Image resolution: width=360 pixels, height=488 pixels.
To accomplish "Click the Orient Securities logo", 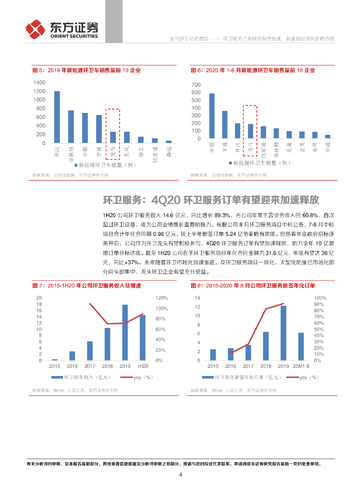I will tap(62, 29).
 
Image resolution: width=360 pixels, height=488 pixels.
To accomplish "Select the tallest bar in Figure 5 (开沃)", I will tap(57, 117).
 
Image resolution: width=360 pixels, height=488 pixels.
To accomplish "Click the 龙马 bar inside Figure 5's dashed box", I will tap(113, 137).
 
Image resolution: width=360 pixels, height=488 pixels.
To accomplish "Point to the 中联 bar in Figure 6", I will tap(212, 116).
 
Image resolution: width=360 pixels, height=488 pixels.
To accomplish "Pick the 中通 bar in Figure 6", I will tap(328, 137).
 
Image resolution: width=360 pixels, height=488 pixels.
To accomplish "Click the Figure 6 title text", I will tap(253, 71).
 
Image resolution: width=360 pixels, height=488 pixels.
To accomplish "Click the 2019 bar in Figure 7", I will tap(125, 332).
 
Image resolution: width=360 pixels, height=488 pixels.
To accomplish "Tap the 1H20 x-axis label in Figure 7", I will tap(142, 366).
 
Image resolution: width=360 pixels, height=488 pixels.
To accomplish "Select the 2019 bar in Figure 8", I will tap(283, 333).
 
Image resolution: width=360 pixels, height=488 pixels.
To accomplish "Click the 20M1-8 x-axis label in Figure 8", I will tap(301, 366).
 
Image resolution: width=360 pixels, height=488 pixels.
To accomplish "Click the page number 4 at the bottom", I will tap(180, 475).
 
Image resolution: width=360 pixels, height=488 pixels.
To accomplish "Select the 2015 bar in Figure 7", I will tap(55, 359).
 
